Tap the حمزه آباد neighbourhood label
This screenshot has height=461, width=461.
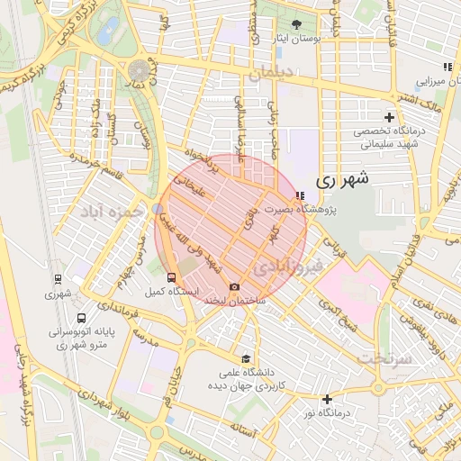(111, 212)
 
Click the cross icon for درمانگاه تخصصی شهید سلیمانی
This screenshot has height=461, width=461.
(389, 117)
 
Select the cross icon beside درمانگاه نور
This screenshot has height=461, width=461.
(327, 399)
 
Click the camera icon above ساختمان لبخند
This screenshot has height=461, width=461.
(235, 287)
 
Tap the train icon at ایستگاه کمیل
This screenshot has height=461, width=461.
(172, 277)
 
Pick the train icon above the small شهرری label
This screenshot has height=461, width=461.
(59, 279)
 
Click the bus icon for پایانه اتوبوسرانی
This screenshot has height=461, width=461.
(82, 318)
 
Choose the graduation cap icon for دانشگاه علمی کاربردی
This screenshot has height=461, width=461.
(247, 358)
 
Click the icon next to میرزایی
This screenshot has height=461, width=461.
(447, 67)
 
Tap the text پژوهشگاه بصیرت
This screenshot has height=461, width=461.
(332, 210)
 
